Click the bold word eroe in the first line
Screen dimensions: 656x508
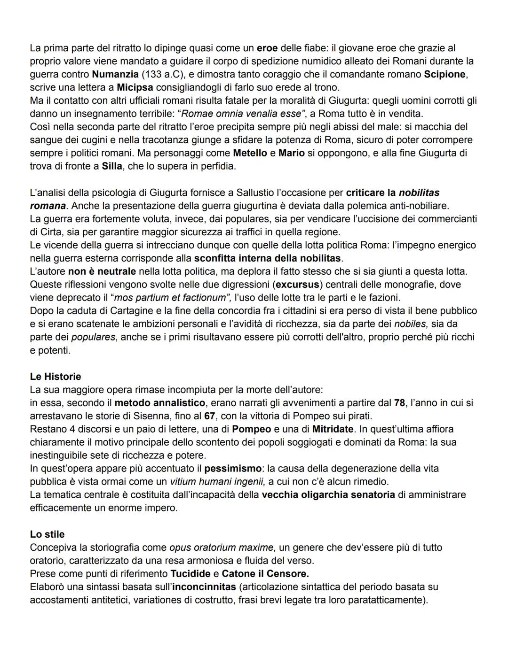(267, 48)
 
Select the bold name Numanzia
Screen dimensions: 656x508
(115, 74)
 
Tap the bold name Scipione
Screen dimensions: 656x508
(445, 74)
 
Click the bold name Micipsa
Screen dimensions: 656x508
(135, 87)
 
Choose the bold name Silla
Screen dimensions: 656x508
(111, 166)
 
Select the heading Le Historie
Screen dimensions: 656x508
(55, 377)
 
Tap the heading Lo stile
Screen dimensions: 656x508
(47, 534)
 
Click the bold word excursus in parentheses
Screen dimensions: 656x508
(297, 285)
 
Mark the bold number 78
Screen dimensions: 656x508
(399, 403)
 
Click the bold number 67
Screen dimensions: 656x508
(209, 416)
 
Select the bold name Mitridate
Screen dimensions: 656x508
(333, 429)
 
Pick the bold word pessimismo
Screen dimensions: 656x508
(233, 469)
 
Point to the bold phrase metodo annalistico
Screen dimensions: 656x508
(159, 403)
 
